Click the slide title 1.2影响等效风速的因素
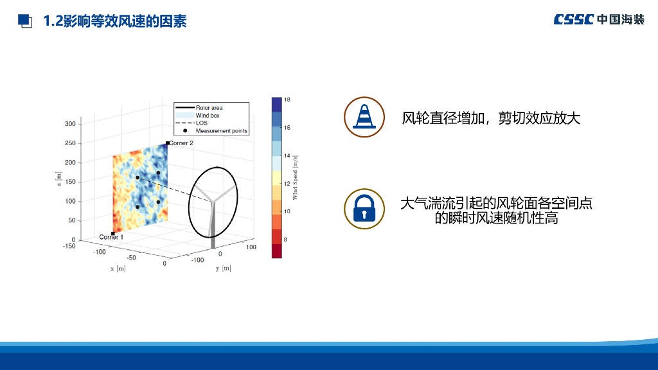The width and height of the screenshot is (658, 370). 115,21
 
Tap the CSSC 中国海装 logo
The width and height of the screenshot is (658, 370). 599,19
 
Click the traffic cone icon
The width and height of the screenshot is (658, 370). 364,117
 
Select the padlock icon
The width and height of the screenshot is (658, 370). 364,209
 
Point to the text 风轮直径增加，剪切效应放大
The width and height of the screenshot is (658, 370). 491,118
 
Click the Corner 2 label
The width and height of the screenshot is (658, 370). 181,143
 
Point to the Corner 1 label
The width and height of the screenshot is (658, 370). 111,237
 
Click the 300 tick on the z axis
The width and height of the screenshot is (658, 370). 70,124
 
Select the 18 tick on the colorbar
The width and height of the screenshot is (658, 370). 287,100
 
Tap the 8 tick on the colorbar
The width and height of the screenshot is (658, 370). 285,240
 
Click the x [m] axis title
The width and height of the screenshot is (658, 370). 118,269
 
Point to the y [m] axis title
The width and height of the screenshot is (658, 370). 223,268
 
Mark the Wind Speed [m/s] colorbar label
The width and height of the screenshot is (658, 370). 295,177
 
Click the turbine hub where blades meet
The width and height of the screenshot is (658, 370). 213,202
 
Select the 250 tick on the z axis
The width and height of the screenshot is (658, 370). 70,143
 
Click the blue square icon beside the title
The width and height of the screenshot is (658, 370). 25,21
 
